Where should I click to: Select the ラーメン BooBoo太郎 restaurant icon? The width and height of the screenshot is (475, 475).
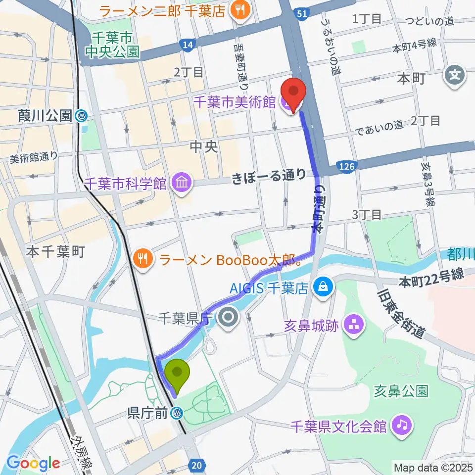tap(143, 259)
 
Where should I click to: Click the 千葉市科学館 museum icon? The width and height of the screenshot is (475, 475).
tap(182, 183)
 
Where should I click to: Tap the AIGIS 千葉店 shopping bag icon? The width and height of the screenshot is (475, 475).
tap(323, 286)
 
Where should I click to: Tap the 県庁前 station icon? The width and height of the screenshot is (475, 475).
tap(176, 413)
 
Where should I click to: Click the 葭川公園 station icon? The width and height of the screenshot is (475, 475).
tap(81, 116)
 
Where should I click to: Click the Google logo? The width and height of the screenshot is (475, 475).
tap(33, 463)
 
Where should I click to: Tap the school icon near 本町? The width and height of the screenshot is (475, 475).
tap(454, 75)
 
